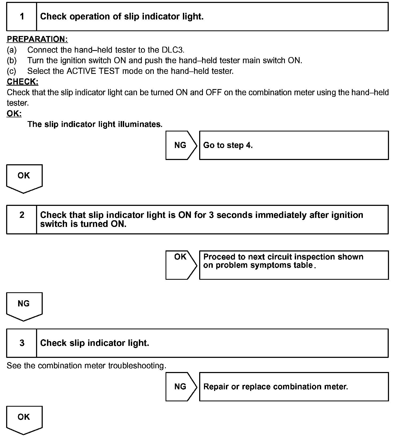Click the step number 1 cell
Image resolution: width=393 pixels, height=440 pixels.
coord(22,17)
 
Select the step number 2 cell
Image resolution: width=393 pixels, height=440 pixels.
coord(22,219)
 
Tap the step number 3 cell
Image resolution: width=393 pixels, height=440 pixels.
coord(22,343)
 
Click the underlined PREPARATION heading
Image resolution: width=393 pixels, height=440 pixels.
coord(37,39)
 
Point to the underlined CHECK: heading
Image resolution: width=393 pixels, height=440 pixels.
coord(22,82)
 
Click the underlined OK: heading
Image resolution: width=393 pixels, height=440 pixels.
coord(14,114)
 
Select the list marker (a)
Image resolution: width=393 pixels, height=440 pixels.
coord(12,50)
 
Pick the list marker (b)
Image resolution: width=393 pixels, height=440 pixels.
coord(12,61)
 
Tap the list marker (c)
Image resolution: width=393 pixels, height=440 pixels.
coord(12,71)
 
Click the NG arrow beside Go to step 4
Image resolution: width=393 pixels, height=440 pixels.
coord(181,145)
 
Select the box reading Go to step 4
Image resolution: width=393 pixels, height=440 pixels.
coord(294,145)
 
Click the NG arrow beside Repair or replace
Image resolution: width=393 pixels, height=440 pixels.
coord(181,387)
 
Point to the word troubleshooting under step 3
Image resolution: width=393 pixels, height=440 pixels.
coord(137,366)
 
